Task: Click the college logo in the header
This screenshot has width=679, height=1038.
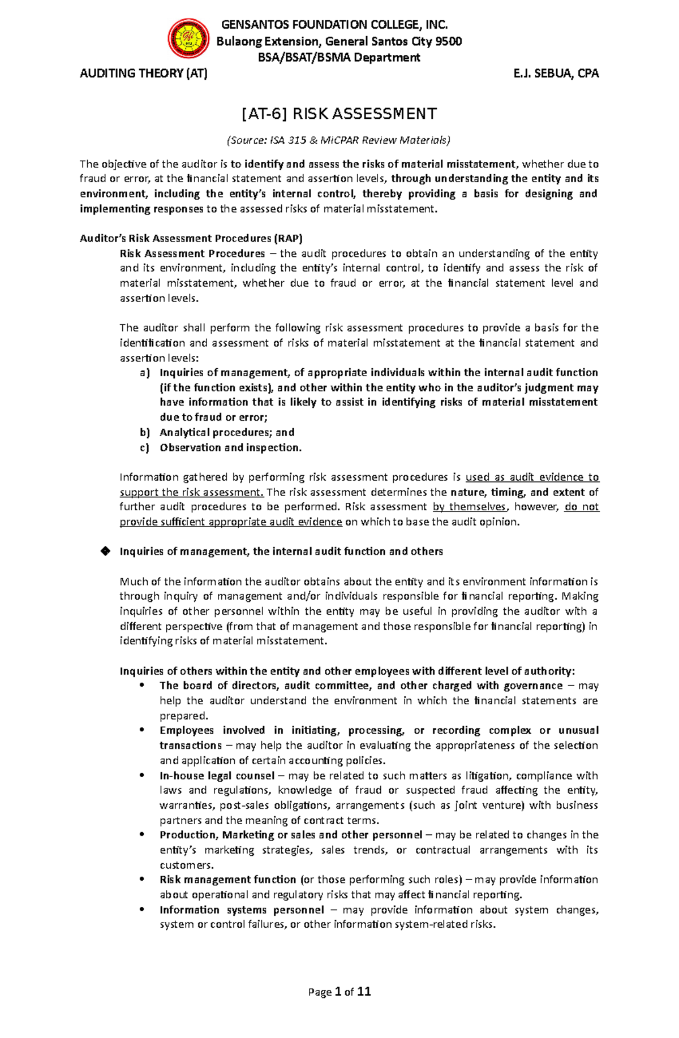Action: [189, 39]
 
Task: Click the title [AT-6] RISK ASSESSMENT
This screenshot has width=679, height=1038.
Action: [339, 114]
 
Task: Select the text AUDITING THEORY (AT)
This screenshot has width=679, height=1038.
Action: [144, 73]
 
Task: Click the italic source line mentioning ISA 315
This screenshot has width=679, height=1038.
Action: [338, 140]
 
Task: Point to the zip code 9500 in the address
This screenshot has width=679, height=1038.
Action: [450, 41]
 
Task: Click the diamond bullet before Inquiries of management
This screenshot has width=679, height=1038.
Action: [105, 551]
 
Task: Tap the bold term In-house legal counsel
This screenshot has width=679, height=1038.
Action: [217, 776]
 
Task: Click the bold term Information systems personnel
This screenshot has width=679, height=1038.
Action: [242, 910]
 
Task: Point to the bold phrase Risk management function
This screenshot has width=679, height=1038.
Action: [227, 880]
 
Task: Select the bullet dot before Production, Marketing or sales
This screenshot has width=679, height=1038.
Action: [143, 835]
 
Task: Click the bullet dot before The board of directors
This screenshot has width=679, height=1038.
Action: [143, 686]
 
